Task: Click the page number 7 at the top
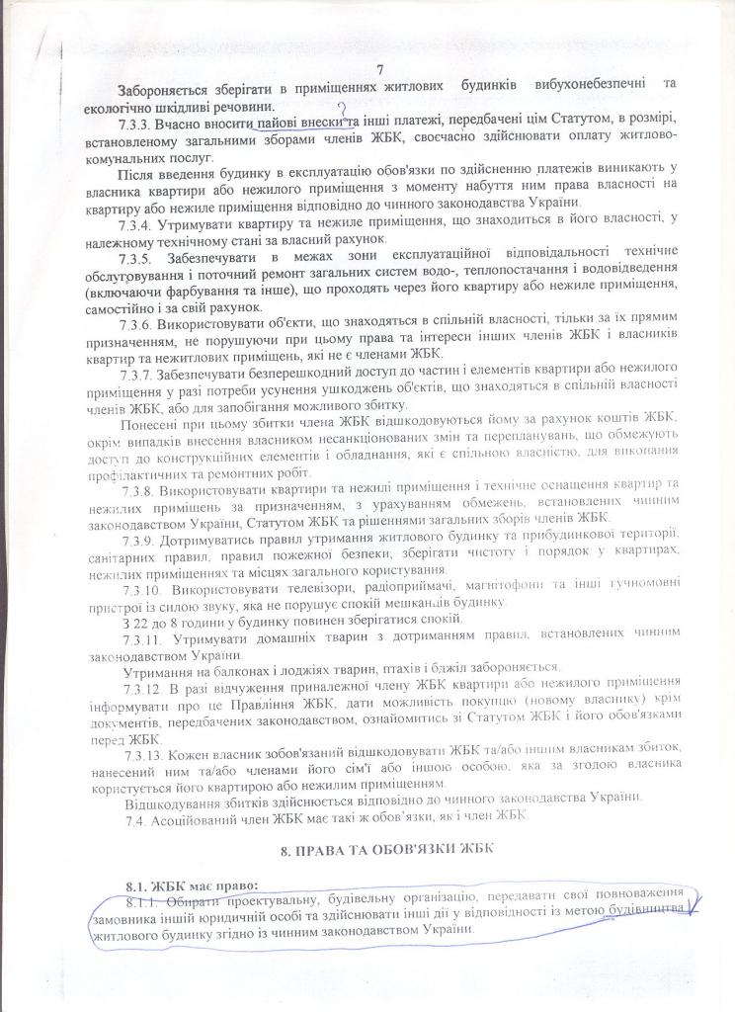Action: pos(379,68)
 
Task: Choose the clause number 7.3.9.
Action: pos(144,546)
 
